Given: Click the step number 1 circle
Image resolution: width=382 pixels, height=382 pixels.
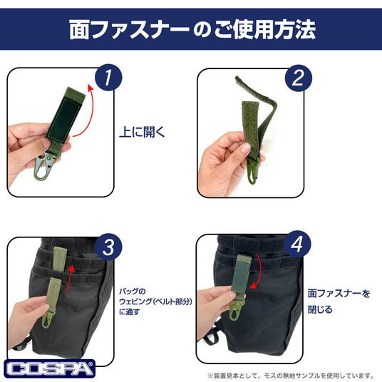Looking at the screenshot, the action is click(108, 78).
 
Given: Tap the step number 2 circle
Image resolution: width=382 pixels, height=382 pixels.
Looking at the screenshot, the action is click(299, 78).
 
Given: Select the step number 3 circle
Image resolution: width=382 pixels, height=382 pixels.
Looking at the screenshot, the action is click(108, 247).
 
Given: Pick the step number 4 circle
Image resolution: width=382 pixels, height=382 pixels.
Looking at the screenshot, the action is click(297, 244).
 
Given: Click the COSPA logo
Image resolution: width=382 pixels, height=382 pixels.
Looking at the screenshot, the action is click(49, 368).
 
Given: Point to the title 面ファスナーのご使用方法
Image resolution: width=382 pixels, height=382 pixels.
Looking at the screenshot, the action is click(192, 29).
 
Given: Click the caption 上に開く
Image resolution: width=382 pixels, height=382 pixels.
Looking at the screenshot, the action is click(142, 132).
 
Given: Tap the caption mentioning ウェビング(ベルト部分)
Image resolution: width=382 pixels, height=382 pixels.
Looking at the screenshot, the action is click(155, 301).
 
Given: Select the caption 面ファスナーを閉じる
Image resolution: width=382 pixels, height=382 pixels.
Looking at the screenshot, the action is click(339, 301).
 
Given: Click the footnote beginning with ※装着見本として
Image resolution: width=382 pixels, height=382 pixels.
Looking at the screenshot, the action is click(291, 376).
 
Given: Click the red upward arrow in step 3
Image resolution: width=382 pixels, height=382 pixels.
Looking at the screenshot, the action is click(70, 278).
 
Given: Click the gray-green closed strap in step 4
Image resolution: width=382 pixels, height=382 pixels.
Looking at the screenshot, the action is click(241, 275).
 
